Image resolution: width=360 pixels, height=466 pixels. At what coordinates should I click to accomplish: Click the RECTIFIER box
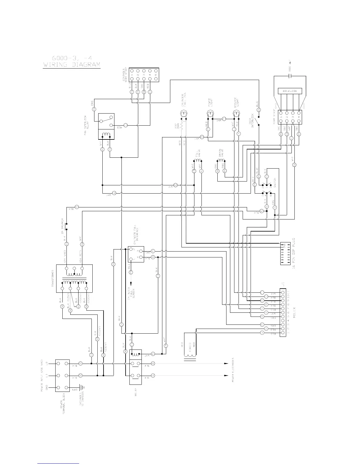(x=290, y=91)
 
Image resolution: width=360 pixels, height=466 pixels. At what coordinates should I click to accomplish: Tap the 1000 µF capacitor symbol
(x=290, y=76)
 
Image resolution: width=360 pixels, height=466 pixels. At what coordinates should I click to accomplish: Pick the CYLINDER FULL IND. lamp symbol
(x=184, y=113)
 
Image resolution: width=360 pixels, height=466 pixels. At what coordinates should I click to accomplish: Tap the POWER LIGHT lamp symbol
(x=210, y=113)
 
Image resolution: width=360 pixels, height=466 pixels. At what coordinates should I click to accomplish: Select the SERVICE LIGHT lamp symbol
(x=236, y=113)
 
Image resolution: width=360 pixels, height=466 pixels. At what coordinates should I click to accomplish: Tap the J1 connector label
(x=283, y=284)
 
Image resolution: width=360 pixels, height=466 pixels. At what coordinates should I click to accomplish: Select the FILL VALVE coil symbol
(x=198, y=161)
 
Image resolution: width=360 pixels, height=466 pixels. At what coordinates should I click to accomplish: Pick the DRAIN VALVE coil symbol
(x=221, y=161)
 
